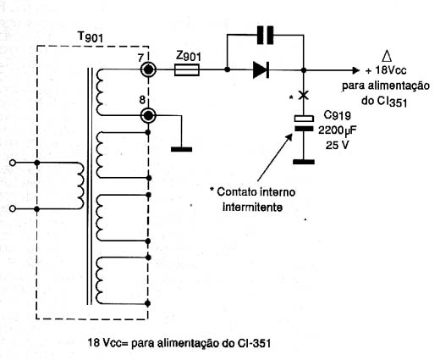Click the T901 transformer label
point(90,37)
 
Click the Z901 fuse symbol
point(187,69)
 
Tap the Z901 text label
point(189,56)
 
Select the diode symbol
point(261,69)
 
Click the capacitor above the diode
point(265,35)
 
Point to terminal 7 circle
point(148,69)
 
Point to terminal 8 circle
point(148,115)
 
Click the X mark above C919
point(304,95)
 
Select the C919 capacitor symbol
point(304,124)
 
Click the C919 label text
point(338,115)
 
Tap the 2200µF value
point(337,130)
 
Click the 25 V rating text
point(338,145)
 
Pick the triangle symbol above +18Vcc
point(387,56)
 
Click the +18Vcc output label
point(386,70)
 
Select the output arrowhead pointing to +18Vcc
point(356,70)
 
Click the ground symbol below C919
point(304,162)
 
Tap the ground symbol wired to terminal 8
point(181,149)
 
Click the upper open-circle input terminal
point(12,163)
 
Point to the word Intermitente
point(252,208)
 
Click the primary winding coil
point(80,186)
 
